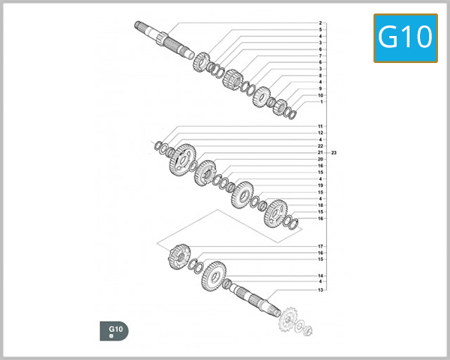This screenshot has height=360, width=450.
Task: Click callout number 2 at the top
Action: point(320,23)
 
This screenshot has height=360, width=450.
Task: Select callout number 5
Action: point(320,30)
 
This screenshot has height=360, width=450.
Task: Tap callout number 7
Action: point(320,56)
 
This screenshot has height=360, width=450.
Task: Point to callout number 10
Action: point(320,95)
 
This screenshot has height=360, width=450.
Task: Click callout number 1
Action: point(320,102)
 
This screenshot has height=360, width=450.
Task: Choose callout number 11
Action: point(320,126)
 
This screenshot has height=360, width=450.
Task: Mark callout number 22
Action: point(320,146)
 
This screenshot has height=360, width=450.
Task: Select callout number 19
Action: point(320,185)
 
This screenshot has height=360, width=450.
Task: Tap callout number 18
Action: point(320,205)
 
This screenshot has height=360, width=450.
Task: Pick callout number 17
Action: point(320,247)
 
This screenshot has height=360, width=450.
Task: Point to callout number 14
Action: point(320,275)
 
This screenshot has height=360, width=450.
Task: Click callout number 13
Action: point(320,289)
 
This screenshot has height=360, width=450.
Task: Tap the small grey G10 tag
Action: point(115,331)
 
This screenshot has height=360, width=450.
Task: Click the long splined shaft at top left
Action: point(161,37)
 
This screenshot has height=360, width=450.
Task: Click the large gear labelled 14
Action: point(214,275)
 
